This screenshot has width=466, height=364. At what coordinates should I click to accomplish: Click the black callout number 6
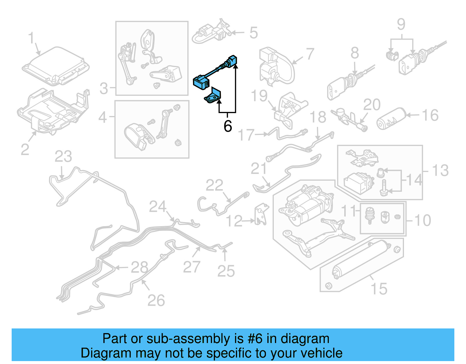[228, 126]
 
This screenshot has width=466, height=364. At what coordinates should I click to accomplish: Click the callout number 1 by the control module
[31, 38]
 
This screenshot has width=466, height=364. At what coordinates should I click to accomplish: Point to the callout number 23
[63, 157]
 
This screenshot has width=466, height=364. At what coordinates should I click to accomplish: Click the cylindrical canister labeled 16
[391, 119]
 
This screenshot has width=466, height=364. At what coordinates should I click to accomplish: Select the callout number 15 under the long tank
[379, 289]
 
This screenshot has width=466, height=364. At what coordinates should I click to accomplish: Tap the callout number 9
[401, 24]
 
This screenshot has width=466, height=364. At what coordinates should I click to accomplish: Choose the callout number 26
[156, 300]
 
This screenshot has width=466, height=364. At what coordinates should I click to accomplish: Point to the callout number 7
[310, 54]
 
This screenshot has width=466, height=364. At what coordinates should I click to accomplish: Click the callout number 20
[372, 105]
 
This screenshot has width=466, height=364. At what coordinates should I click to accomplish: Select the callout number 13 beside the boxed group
[440, 170]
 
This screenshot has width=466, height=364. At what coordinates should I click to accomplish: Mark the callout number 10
[422, 220]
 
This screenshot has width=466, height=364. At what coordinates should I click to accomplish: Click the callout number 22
[214, 185]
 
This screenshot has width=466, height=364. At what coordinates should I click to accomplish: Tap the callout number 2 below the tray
[25, 150]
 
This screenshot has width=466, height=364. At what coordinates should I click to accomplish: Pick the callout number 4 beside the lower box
[103, 117]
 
